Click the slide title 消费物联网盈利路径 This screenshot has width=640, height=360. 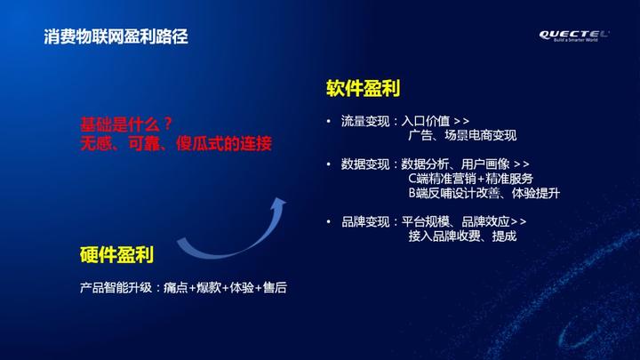click(116, 36)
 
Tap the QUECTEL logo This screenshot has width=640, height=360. click(574, 36)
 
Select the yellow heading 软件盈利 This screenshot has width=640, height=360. click(363, 88)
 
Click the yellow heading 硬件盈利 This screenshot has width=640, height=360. click(116, 255)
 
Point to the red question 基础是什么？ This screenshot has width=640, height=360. click(126, 124)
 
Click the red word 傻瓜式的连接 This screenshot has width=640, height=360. click(224, 144)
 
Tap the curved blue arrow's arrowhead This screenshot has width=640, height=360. click(279, 204)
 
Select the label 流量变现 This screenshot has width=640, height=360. click(365, 121)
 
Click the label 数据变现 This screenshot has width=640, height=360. click(365, 164)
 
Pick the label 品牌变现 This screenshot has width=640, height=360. click(365, 221)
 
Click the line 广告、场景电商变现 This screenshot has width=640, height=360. click(462, 135)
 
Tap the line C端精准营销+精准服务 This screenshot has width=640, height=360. click(470, 179)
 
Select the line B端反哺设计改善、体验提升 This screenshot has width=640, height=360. click(484, 193)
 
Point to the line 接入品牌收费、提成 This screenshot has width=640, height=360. click(462, 236)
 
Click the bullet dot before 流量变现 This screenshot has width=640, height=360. click(329, 121)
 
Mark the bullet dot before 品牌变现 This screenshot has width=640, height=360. click(329, 221)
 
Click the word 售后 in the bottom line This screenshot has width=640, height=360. click(275, 288)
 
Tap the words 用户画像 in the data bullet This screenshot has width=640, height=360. click(485, 164)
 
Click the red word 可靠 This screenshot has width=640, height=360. click(144, 144)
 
